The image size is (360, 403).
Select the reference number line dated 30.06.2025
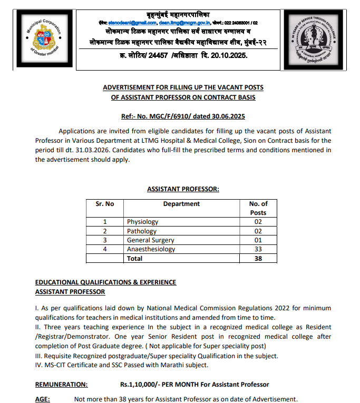[x=183, y=116]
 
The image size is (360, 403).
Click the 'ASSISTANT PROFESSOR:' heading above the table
[x=183, y=189]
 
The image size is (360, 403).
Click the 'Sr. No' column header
[x=104, y=204]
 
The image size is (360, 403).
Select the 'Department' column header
[x=181, y=204]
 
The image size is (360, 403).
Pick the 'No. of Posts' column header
[x=258, y=208]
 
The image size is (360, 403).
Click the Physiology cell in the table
[x=142, y=222]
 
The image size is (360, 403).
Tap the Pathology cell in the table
[x=141, y=231]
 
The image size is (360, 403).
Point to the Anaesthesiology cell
[x=151, y=249]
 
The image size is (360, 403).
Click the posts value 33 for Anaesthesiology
[x=258, y=249]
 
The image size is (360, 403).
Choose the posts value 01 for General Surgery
[x=258, y=240]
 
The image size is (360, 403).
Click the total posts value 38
[x=258, y=259]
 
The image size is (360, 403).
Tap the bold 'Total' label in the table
[x=134, y=259]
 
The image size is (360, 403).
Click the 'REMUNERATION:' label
[x=62, y=385]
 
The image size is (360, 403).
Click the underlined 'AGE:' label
[x=43, y=399]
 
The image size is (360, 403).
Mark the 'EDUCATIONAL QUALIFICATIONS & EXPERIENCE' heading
[x=105, y=282]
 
